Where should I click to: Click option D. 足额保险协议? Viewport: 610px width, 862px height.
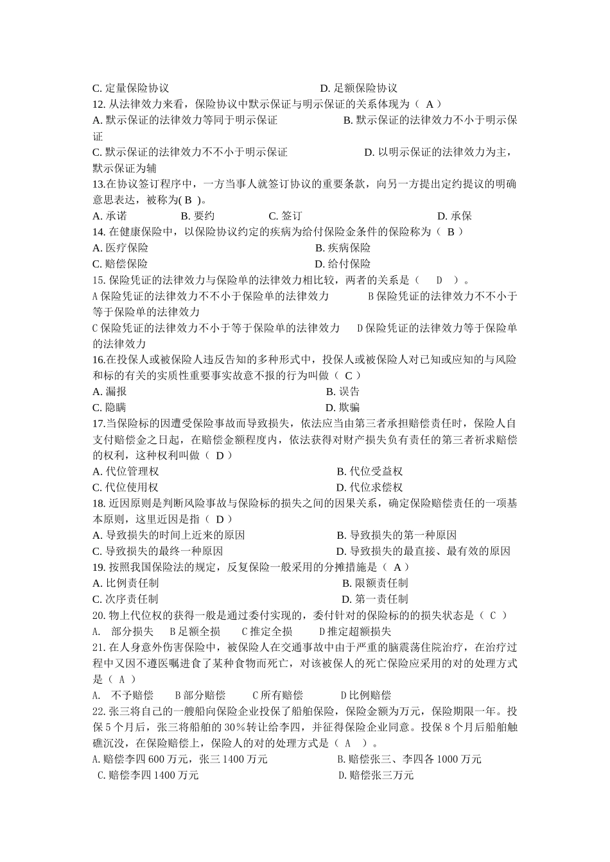point(359,88)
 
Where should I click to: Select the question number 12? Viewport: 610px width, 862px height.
point(99,104)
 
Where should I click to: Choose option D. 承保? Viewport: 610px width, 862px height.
point(455,216)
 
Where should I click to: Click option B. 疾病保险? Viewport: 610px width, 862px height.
point(343,248)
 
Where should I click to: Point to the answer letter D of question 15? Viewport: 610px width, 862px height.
point(440,280)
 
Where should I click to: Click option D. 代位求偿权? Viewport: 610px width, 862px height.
point(369,487)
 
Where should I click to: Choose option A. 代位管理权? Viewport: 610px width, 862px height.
point(125,471)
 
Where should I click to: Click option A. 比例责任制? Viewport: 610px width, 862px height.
point(125,583)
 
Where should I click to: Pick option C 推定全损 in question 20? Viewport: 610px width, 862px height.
point(266,631)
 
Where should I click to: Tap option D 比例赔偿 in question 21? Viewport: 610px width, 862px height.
point(365,695)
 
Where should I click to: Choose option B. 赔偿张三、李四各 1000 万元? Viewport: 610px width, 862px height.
point(409,759)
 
